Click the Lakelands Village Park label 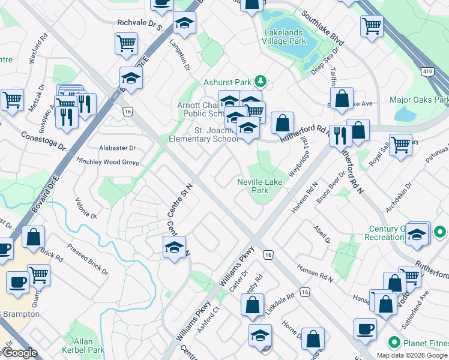[x=284, y=36]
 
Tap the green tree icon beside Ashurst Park [x=260, y=80]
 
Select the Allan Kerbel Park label [x=83, y=346]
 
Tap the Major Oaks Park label [x=419, y=100]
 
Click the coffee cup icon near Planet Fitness [x=365, y=329]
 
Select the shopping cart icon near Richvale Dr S [x=127, y=43]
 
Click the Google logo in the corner [x=19, y=353]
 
